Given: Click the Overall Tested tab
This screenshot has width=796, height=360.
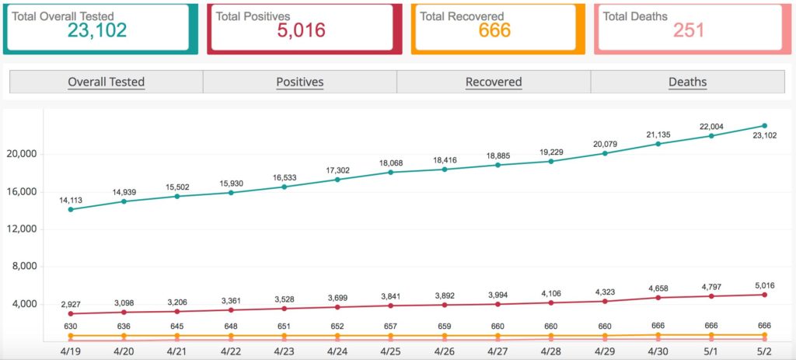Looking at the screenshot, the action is tap(106, 82).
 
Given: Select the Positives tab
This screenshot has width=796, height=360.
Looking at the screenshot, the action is tap(300, 82).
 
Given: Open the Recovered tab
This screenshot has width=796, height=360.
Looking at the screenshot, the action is tap(494, 82).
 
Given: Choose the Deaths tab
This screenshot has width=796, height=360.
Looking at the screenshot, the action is tap(687, 82).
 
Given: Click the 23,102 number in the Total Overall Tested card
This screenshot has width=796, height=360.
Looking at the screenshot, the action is tap(97, 30).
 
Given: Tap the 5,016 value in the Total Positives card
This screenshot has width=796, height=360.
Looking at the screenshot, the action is tap(301, 30).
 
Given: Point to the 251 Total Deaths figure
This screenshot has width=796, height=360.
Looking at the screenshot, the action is tap(689, 30).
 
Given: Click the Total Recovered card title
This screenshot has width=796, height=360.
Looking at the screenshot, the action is tap(462, 16).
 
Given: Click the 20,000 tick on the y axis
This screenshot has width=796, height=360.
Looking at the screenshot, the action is tap(23, 155).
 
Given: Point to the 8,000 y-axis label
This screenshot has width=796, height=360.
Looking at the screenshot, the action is tap(26, 267).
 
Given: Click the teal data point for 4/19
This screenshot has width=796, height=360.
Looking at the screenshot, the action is tap(71, 209).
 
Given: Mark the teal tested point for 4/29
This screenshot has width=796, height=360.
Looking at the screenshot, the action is tap(605, 153).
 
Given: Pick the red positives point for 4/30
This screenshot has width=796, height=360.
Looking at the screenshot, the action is tap(658, 298).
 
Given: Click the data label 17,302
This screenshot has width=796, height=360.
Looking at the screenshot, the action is tap(337, 170).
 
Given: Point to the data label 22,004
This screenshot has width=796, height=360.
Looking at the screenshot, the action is tap(711, 127).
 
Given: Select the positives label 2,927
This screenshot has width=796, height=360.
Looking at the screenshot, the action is tap(71, 304).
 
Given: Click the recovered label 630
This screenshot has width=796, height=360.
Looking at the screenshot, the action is tap(71, 326).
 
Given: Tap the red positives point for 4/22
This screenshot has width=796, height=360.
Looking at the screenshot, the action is tap(230, 309).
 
